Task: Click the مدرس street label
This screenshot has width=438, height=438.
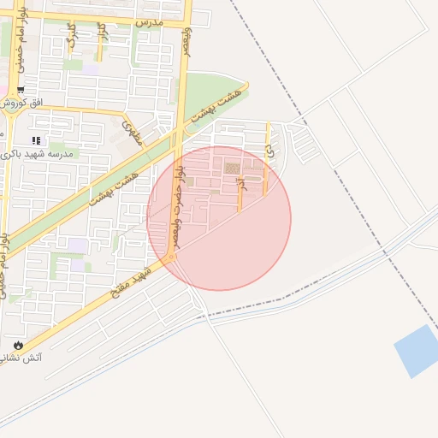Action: click(149, 18)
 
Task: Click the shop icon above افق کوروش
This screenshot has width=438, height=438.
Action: click(21, 89)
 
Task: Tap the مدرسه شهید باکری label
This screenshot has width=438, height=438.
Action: click(40, 153)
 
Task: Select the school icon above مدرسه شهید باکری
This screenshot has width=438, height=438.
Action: click(35, 140)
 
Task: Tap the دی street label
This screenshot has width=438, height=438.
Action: click(269, 149)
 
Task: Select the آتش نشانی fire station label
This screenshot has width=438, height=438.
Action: click(41, 357)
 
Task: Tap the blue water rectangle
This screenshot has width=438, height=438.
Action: click(417, 351)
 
